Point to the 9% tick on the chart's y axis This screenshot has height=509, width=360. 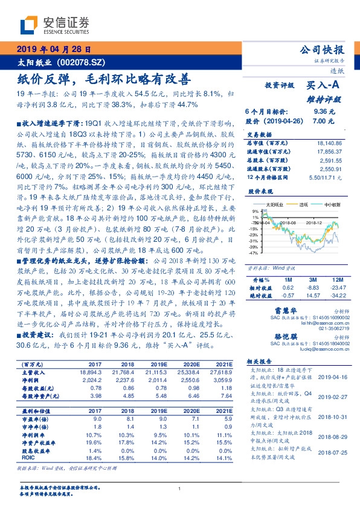(257, 211)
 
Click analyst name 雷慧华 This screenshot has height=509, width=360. (275, 311)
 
